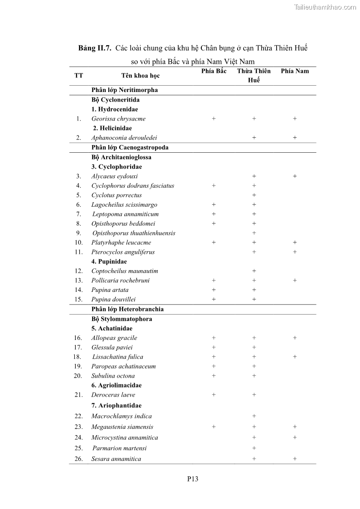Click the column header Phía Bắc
[214, 71]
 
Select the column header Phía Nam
[295, 71]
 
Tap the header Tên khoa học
[140, 76]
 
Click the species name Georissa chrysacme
[118, 119]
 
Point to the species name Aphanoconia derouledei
[124, 138]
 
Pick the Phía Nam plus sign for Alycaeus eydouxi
[295, 176]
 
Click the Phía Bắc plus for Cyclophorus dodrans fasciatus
[214, 186]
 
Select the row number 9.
[79, 233]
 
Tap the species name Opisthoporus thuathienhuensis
[134, 233]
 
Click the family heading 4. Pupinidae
[109, 262]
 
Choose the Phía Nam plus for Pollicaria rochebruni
[295, 281]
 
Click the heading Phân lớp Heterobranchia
[127, 309]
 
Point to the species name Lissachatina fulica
[117, 357]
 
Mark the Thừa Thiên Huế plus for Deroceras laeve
[254, 395]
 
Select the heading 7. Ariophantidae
[117, 406]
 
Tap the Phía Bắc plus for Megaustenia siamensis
[214, 427]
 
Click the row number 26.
[78, 459]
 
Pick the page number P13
[193, 479]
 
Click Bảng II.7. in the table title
[95, 48]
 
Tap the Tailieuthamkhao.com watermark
[325, 7]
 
